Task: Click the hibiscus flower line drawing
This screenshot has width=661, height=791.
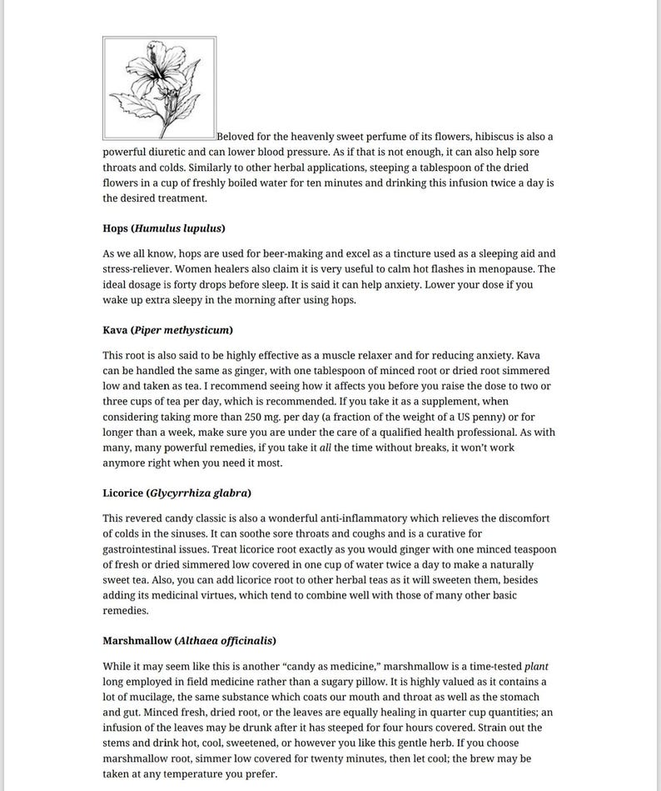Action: (159, 88)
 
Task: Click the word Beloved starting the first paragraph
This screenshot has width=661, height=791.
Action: (238, 136)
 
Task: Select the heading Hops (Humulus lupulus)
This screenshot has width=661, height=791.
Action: (164, 228)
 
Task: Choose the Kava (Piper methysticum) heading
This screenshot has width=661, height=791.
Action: (167, 330)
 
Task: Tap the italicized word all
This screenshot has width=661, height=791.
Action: (326, 448)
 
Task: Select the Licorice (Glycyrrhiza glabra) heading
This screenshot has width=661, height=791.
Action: (176, 493)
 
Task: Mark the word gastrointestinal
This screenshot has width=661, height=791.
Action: (144, 549)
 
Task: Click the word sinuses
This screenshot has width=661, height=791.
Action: (219, 533)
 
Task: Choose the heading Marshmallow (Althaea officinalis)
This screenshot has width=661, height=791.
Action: (189, 641)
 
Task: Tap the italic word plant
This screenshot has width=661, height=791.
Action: (536, 666)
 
